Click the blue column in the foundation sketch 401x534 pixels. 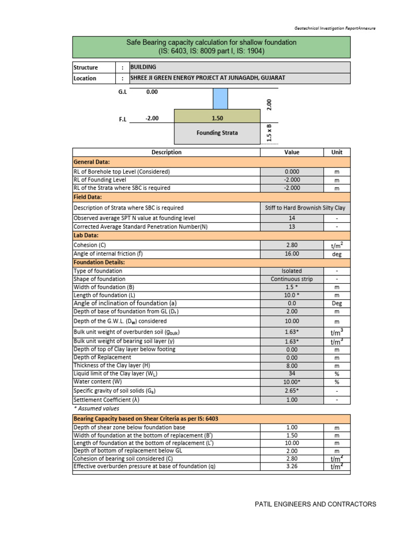pos(220,99)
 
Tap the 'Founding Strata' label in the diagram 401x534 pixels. pos(217,132)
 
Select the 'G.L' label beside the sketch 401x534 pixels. pos(123,92)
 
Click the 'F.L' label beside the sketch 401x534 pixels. pos(123,118)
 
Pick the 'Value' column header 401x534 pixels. pos(292,152)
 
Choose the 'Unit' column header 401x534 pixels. pos(337,152)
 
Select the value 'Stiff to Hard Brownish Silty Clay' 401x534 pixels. pos(305,208)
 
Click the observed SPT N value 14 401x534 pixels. pos(292,218)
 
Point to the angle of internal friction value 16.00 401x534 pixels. pos(292,253)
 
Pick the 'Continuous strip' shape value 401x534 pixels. pos(292,279)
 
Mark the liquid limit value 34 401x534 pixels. pos(292,373)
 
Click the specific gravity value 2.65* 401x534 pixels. pos(292,391)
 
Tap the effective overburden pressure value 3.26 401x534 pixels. pos(292,467)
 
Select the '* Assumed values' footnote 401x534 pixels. pos(97,408)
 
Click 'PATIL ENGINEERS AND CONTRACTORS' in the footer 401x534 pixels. pos(315,504)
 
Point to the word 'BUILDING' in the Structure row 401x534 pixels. pos(143,67)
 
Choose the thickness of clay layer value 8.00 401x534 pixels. pos(292,366)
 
